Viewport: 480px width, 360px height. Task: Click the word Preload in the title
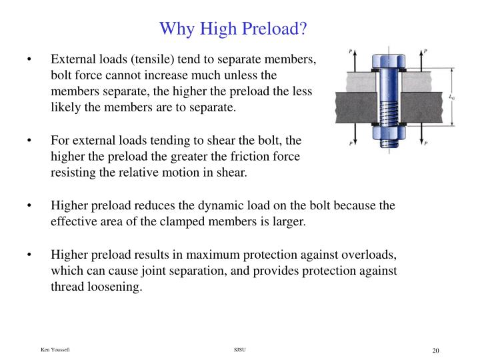pos(276,29)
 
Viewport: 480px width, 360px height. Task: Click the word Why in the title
pos(175,29)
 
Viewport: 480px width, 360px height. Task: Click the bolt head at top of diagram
pos(387,56)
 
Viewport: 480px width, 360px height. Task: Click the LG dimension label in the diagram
pos(453,97)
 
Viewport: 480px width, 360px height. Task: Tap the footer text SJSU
pos(240,350)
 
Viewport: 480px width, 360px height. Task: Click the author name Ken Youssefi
pos(56,350)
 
